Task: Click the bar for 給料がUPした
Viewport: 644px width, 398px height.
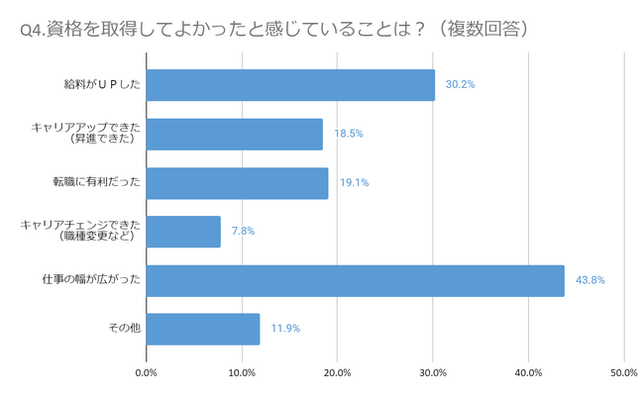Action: pos(290,85)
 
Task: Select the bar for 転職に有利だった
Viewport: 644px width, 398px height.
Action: pos(237,183)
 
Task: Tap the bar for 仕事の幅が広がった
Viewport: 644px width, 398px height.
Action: pos(355,280)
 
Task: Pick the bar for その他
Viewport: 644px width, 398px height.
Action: pos(203,329)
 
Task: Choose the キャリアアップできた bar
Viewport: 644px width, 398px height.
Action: pos(234,134)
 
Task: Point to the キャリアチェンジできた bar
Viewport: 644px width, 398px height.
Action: pos(183,232)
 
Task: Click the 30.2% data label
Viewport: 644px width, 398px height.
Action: pos(461,85)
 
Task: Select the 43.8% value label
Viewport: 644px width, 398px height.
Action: pos(590,280)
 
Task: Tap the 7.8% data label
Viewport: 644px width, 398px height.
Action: pos(244,232)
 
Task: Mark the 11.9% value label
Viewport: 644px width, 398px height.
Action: pos(285,329)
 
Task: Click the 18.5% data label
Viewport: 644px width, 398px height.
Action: pos(349,134)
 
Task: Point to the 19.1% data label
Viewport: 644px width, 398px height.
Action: pos(354,183)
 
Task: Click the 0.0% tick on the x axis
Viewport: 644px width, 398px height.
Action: pos(146,373)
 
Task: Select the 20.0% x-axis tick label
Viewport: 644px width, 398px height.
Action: pos(337,373)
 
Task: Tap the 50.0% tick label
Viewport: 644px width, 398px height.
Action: pos(623,373)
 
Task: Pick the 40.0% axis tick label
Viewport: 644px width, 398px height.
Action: pos(528,373)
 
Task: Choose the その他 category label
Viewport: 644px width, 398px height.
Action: pos(124,329)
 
